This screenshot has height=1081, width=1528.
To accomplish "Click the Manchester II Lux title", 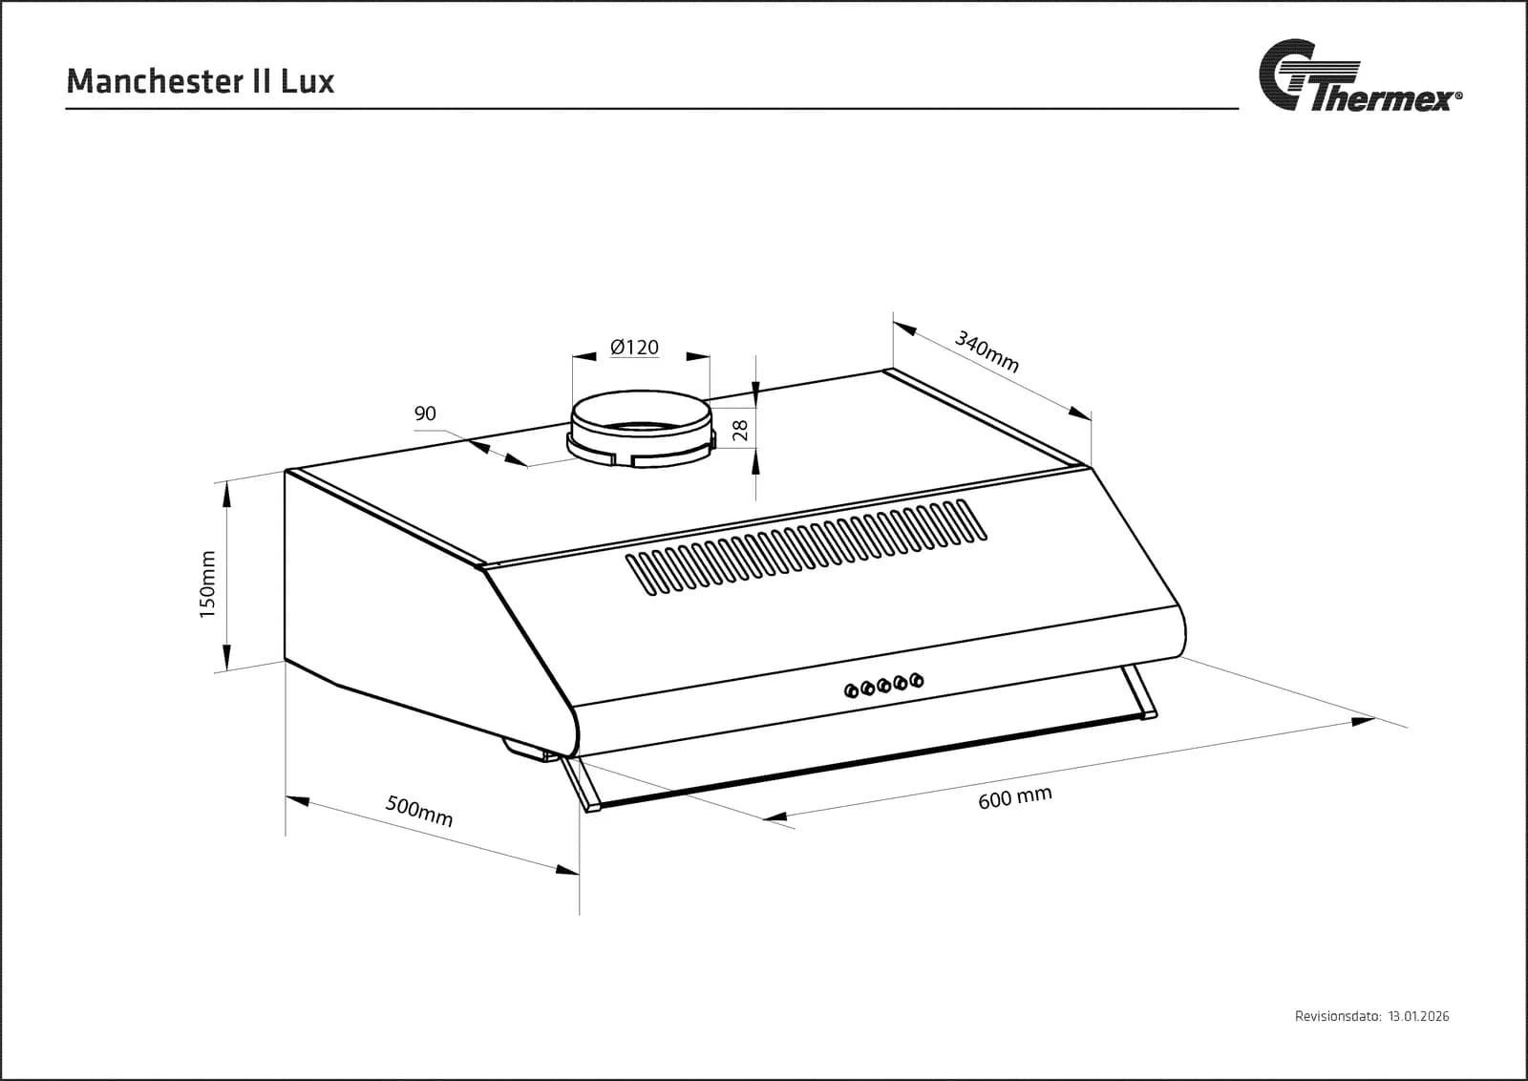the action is [201, 81].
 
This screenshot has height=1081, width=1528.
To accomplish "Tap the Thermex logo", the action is [1360, 75].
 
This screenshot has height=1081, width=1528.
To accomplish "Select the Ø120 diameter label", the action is [634, 348].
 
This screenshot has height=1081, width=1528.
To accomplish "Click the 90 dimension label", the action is [425, 413].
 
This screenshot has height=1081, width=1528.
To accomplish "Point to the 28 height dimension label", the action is [740, 431].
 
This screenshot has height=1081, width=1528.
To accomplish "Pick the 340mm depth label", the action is [987, 351].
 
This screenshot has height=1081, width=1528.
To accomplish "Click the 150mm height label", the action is [207, 584].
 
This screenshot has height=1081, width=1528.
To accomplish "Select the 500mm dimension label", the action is [419, 811].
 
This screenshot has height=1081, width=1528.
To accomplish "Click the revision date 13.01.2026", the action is [1419, 1035].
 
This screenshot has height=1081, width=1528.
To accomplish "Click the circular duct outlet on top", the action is [641, 429].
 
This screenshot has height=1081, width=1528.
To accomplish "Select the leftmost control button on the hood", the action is [851, 690].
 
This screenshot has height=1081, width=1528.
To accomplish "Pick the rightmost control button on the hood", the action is [917, 680].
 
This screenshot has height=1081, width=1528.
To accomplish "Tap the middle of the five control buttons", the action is [884, 686].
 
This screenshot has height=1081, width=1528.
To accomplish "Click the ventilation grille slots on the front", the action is [806, 547].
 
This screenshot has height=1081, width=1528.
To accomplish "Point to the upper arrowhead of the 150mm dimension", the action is [226, 494].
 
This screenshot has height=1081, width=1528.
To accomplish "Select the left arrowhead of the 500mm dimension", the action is [298, 799].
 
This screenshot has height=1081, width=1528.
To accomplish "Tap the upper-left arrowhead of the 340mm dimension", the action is [905, 329].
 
